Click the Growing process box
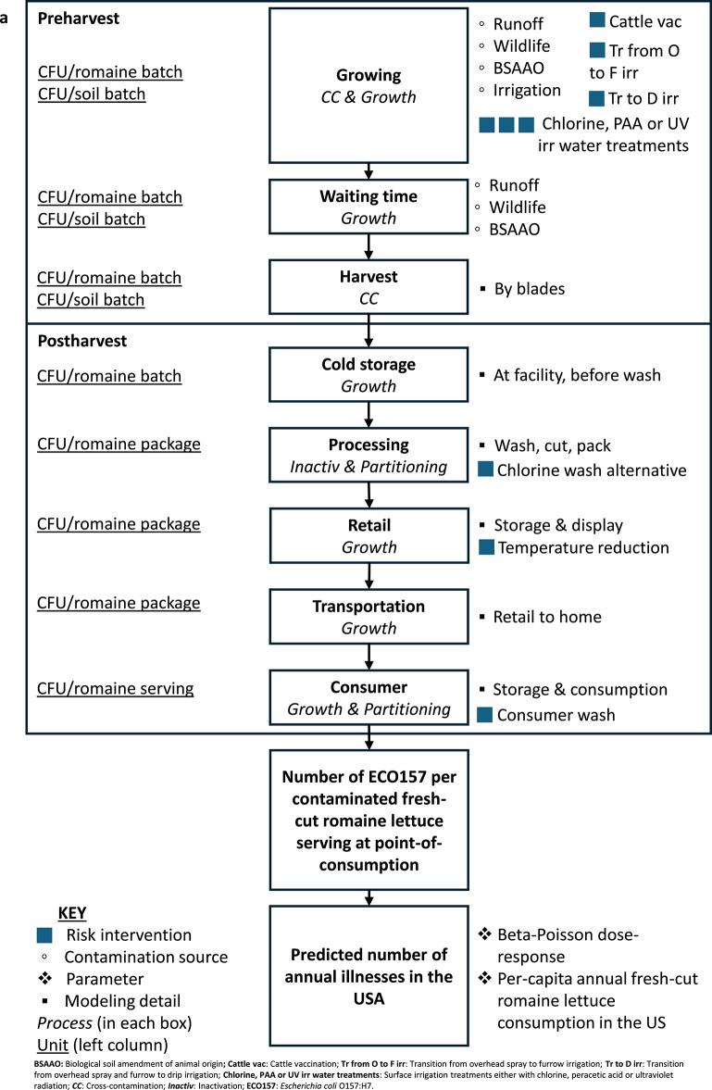[368, 84]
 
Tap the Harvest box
[368, 286]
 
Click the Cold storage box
[368, 374]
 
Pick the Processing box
[368, 454]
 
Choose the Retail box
[368, 534]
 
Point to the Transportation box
[368, 616]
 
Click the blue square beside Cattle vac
[597, 20]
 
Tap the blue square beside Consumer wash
[485, 715]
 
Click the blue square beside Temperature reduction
[485, 547]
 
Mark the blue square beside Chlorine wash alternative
[485, 470]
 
